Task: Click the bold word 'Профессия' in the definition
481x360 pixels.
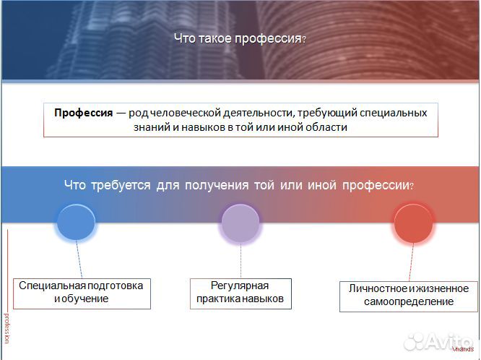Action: point(83,113)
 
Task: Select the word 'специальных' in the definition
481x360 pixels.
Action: point(396,113)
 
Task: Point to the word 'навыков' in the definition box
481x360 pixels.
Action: point(177,127)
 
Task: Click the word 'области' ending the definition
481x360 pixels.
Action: point(329,127)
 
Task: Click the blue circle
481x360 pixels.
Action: point(76,222)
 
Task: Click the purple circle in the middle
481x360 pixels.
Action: point(240,223)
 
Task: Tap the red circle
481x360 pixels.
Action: point(413,223)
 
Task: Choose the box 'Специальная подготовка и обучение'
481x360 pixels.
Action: point(82,292)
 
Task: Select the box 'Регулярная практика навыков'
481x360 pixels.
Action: point(240,292)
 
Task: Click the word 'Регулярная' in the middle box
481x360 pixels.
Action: point(240,286)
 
